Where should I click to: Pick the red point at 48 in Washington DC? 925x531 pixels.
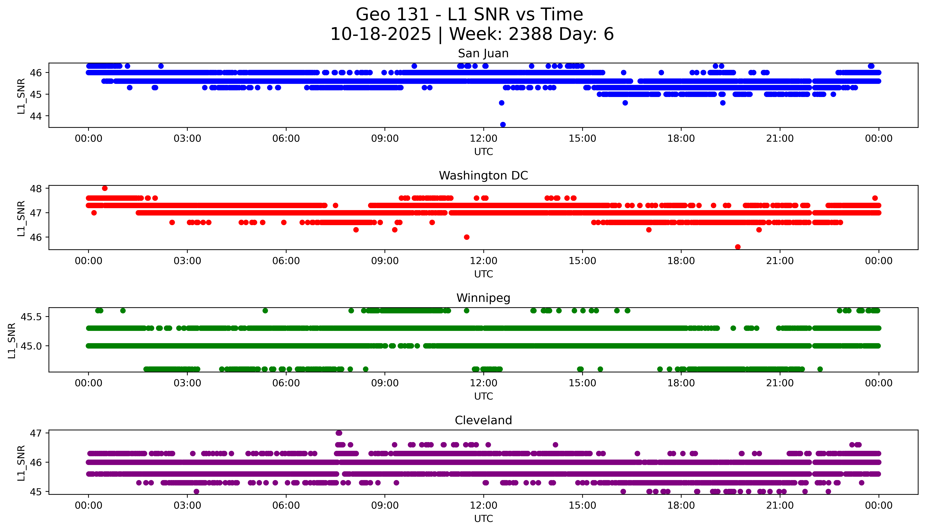[105, 188]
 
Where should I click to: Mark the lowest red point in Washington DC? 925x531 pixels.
[738, 247]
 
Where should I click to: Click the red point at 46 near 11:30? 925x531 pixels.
[467, 237]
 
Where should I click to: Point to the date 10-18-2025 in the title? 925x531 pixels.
[381, 34]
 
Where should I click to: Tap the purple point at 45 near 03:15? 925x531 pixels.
[196, 491]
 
